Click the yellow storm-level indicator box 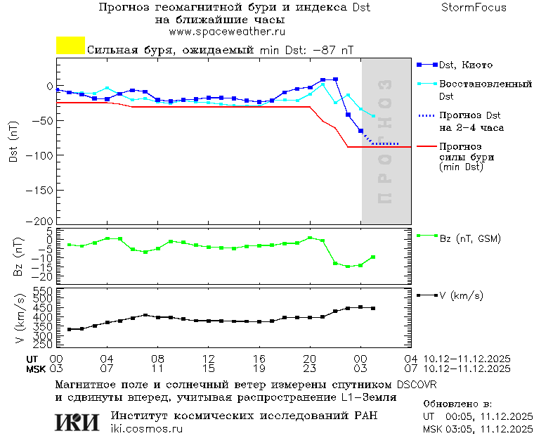(x=70, y=46)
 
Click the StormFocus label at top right (x=474, y=8)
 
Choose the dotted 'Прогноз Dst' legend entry (x=469, y=115)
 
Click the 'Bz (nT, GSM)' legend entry (x=469, y=238)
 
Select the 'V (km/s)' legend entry (x=461, y=296)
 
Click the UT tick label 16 (x=259, y=358)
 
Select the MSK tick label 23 (x=310, y=368)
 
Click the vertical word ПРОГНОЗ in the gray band (x=384, y=141)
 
